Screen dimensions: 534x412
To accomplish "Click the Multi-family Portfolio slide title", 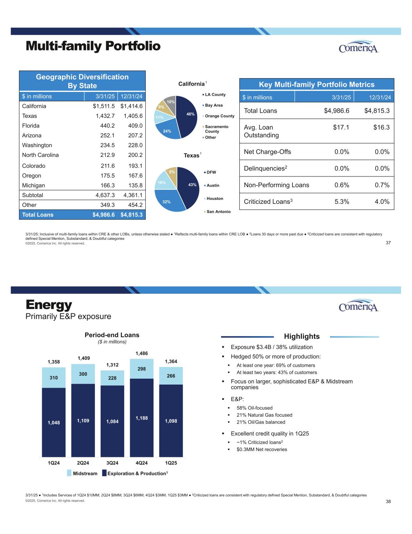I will click(93, 46).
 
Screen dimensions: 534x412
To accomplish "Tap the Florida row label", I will click(31, 126).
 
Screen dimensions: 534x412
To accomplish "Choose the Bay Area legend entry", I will click(214, 105).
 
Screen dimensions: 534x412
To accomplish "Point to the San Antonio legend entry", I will click(218, 212).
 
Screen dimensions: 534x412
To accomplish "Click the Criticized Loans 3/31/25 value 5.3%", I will click(342, 202).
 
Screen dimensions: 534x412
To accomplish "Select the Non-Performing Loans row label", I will click(276, 185).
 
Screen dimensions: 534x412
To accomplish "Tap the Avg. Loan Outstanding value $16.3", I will click(382, 128).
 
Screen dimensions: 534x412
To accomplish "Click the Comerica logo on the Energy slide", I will click(358, 306).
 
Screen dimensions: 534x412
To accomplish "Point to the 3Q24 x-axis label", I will click(112, 463).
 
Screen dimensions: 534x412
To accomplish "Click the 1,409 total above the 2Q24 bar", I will click(83, 358).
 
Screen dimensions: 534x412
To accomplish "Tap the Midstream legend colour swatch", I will click(70, 473).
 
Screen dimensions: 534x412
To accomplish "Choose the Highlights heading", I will click(301, 336).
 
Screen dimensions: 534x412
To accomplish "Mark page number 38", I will click(388, 502).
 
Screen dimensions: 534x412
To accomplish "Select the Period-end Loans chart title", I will click(112, 335).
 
